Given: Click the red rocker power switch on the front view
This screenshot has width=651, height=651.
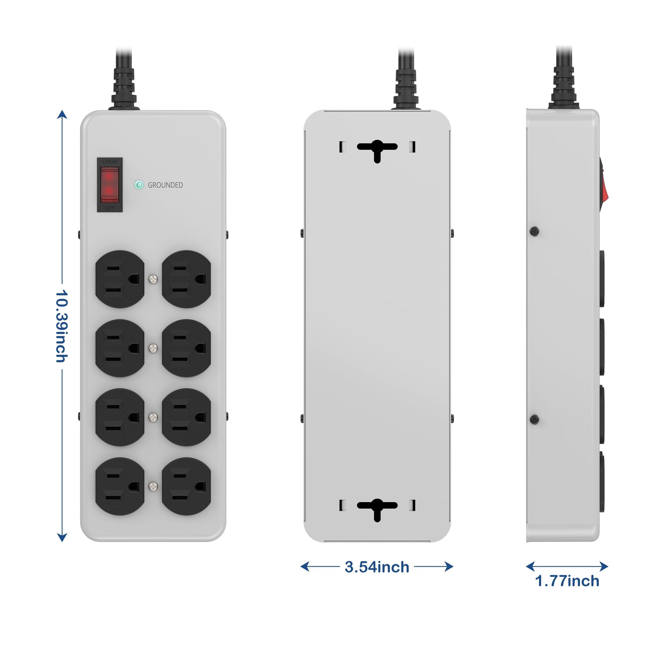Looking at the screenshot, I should pos(110,185).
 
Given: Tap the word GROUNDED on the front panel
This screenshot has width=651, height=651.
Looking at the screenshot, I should pos(165,185).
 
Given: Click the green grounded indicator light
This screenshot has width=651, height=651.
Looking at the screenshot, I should pos(139,185).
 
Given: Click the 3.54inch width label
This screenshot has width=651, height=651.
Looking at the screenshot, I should pos(377,567).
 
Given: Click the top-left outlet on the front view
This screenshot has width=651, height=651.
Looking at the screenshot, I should pos(120,279).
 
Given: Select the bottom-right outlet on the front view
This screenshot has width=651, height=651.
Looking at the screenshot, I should pos(186,486).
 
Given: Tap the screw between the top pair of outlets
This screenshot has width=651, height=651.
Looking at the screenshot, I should pos(153,279).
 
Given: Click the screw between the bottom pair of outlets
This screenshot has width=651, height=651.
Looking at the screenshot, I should pos(153,486).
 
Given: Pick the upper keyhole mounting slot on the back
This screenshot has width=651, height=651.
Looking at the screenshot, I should pos(377,149).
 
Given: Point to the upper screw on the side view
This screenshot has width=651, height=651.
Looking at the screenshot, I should pos(534,231).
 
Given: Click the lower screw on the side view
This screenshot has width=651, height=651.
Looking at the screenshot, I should pos(534,420).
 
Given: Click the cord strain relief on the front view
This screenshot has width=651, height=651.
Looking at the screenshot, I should pos(124,89).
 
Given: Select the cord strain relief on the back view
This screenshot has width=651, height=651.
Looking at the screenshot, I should pos(406,89).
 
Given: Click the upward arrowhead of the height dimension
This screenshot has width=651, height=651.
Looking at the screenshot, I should pos(62,114).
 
